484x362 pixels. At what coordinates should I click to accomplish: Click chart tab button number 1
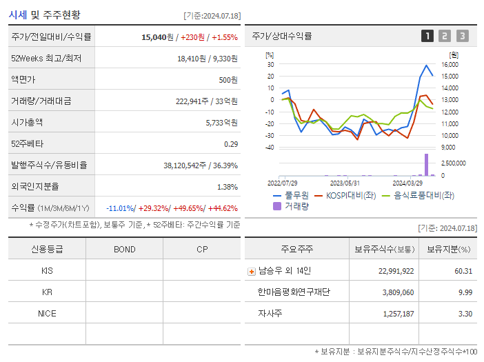(427, 36)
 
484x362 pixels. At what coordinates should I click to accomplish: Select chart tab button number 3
(462, 36)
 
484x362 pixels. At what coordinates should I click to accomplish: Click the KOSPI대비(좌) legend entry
(350, 195)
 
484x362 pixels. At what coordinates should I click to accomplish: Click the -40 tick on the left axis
(270, 148)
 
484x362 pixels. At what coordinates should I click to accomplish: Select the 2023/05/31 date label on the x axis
(345, 183)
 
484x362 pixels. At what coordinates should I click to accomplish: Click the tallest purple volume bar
(426, 165)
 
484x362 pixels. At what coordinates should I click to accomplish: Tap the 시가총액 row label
(27, 122)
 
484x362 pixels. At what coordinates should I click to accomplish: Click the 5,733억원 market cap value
(221, 122)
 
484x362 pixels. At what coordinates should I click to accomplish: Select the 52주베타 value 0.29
(231, 143)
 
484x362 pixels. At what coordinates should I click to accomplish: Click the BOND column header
(124, 249)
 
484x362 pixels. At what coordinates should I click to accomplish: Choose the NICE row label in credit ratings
(47, 313)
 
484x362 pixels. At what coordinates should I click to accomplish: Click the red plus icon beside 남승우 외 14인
(252, 272)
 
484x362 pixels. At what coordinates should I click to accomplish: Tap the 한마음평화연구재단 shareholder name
(294, 292)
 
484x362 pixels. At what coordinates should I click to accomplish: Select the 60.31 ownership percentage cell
(463, 271)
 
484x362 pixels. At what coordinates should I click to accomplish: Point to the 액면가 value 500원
(228, 79)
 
